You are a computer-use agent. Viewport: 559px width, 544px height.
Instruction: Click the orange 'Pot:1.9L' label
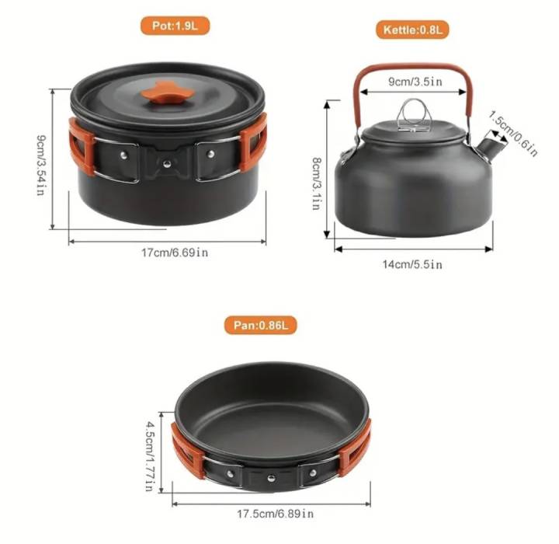pos(175,26)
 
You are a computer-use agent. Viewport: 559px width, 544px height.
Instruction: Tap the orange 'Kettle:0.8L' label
pos(412,30)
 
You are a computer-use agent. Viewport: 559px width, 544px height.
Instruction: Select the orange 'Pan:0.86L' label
pos(261,325)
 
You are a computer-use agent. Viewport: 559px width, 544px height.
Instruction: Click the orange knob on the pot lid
pos(167,92)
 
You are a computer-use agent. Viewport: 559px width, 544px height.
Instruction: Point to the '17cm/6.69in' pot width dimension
pos(175,253)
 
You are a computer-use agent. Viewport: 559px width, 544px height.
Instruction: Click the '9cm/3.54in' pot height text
pos(41,166)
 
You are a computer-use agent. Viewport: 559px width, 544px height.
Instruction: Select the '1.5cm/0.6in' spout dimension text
pos(513,134)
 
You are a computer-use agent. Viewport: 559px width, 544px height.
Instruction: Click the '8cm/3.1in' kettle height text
pos(316,183)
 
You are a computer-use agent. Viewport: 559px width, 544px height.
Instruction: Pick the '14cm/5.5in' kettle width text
pos(412,264)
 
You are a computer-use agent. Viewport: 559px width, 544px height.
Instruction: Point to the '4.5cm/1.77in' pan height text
pos(150,456)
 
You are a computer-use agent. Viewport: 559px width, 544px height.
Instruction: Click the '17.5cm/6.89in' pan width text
pos(276,514)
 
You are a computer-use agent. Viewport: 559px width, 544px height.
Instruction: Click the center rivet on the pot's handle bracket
pos(167,164)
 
